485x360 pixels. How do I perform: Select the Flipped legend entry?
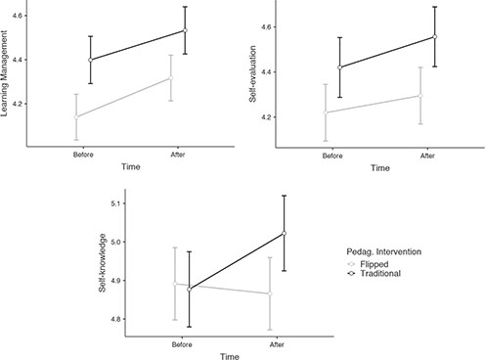379,277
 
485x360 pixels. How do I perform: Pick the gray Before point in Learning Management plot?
76,116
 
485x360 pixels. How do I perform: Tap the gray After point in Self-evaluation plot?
420,96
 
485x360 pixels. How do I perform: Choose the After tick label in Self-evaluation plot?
427,156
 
